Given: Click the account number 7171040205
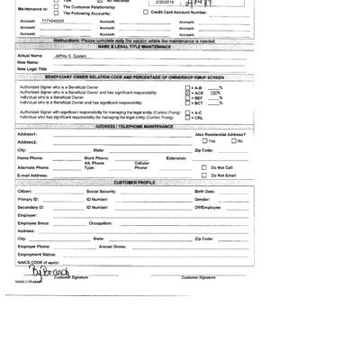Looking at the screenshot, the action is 59,18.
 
